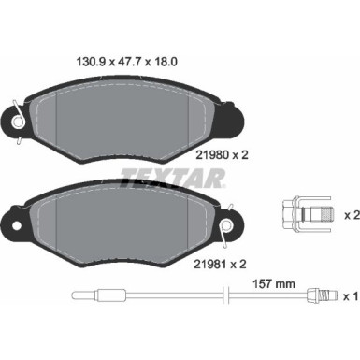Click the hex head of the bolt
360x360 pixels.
(289, 214)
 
